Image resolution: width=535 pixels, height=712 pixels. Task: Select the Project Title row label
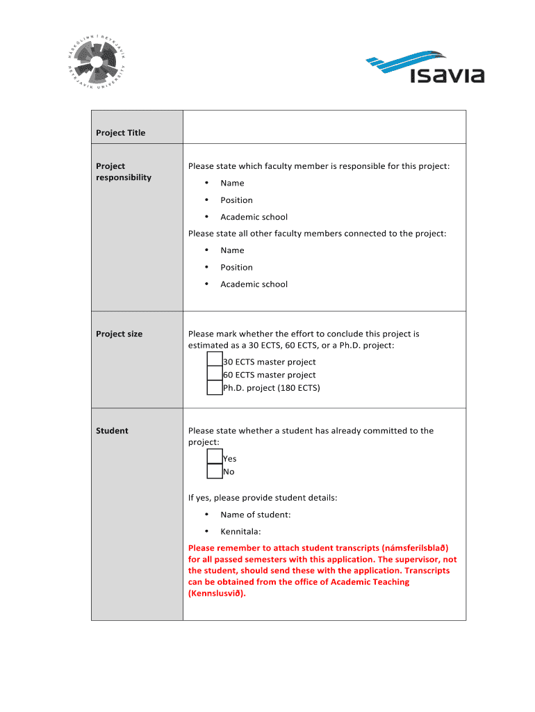point(121,133)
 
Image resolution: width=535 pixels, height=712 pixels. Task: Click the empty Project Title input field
point(324,127)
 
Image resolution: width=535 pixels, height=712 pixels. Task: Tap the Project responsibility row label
point(123,172)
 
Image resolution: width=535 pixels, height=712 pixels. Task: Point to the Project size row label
point(119,334)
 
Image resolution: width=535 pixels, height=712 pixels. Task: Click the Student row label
point(112,430)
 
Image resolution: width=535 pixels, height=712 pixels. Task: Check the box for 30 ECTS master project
point(215,361)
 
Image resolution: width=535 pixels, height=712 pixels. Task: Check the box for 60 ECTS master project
point(215,375)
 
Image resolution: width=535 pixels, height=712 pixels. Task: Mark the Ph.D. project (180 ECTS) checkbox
point(215,388)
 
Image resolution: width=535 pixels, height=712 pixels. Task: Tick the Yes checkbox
point(215,458)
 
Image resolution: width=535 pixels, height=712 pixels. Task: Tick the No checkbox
point(215,471)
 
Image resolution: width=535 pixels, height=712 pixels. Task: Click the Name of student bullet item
point(255,515)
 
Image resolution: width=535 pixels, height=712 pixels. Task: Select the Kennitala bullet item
point(240,531)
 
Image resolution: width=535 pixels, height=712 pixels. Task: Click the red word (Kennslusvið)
point(217,593)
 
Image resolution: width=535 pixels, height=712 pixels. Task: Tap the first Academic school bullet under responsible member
point(254,217)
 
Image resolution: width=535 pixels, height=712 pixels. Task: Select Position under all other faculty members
point(236,267)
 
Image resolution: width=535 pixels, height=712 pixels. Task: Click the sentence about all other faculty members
point(317,234)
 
